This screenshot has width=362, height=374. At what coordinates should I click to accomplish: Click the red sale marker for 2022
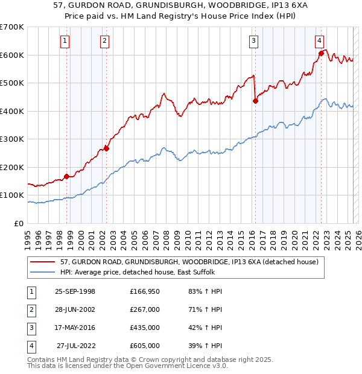pyautogui.click(x=321, y=54)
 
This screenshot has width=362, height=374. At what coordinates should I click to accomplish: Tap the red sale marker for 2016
pyautogui.click(x=255, y=101)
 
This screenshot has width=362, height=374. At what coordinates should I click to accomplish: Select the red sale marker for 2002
pyautogui.click(x=106, y=148)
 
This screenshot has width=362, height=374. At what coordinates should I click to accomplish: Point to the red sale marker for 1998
pyautogui.click(x=66, y=176)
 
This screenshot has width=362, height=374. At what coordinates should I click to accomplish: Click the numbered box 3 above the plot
pyautogui.click(x=254, y=41)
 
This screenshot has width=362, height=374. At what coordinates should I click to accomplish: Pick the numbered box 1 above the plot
pyautogui.click(x=65, y=41)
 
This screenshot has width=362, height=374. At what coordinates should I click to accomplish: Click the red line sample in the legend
pyautogui.click(x=43, y=262)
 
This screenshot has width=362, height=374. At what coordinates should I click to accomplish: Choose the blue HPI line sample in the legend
pyautogui.click(x=43, y=272)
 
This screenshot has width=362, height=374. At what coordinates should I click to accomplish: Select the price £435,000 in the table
pyautogui.click(x=145, y=328)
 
